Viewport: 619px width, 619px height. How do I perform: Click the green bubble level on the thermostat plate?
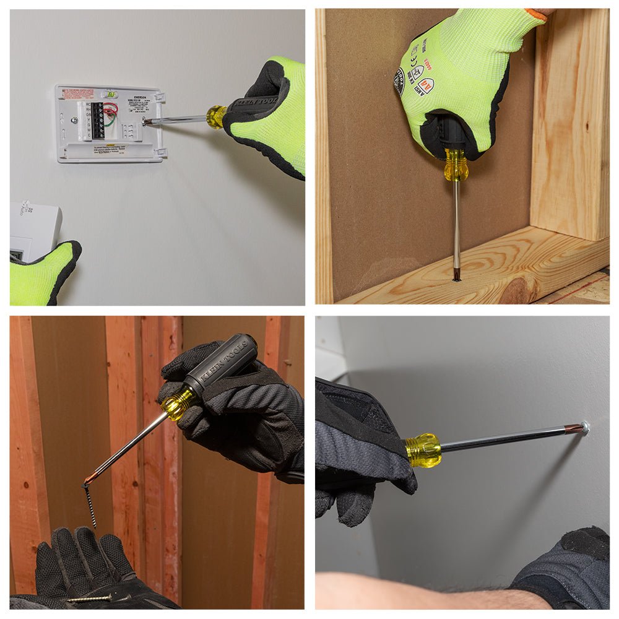111,95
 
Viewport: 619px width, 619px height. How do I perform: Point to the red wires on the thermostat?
111,110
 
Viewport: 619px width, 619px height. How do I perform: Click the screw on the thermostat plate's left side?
74,121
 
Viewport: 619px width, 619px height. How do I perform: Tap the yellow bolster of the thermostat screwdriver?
216,117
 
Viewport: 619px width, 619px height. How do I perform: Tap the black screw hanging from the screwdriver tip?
90,505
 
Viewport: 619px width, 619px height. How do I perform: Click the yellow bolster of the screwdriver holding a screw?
178,404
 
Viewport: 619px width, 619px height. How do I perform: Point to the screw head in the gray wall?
584,427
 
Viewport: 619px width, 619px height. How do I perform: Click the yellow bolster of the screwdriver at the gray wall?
423,449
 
